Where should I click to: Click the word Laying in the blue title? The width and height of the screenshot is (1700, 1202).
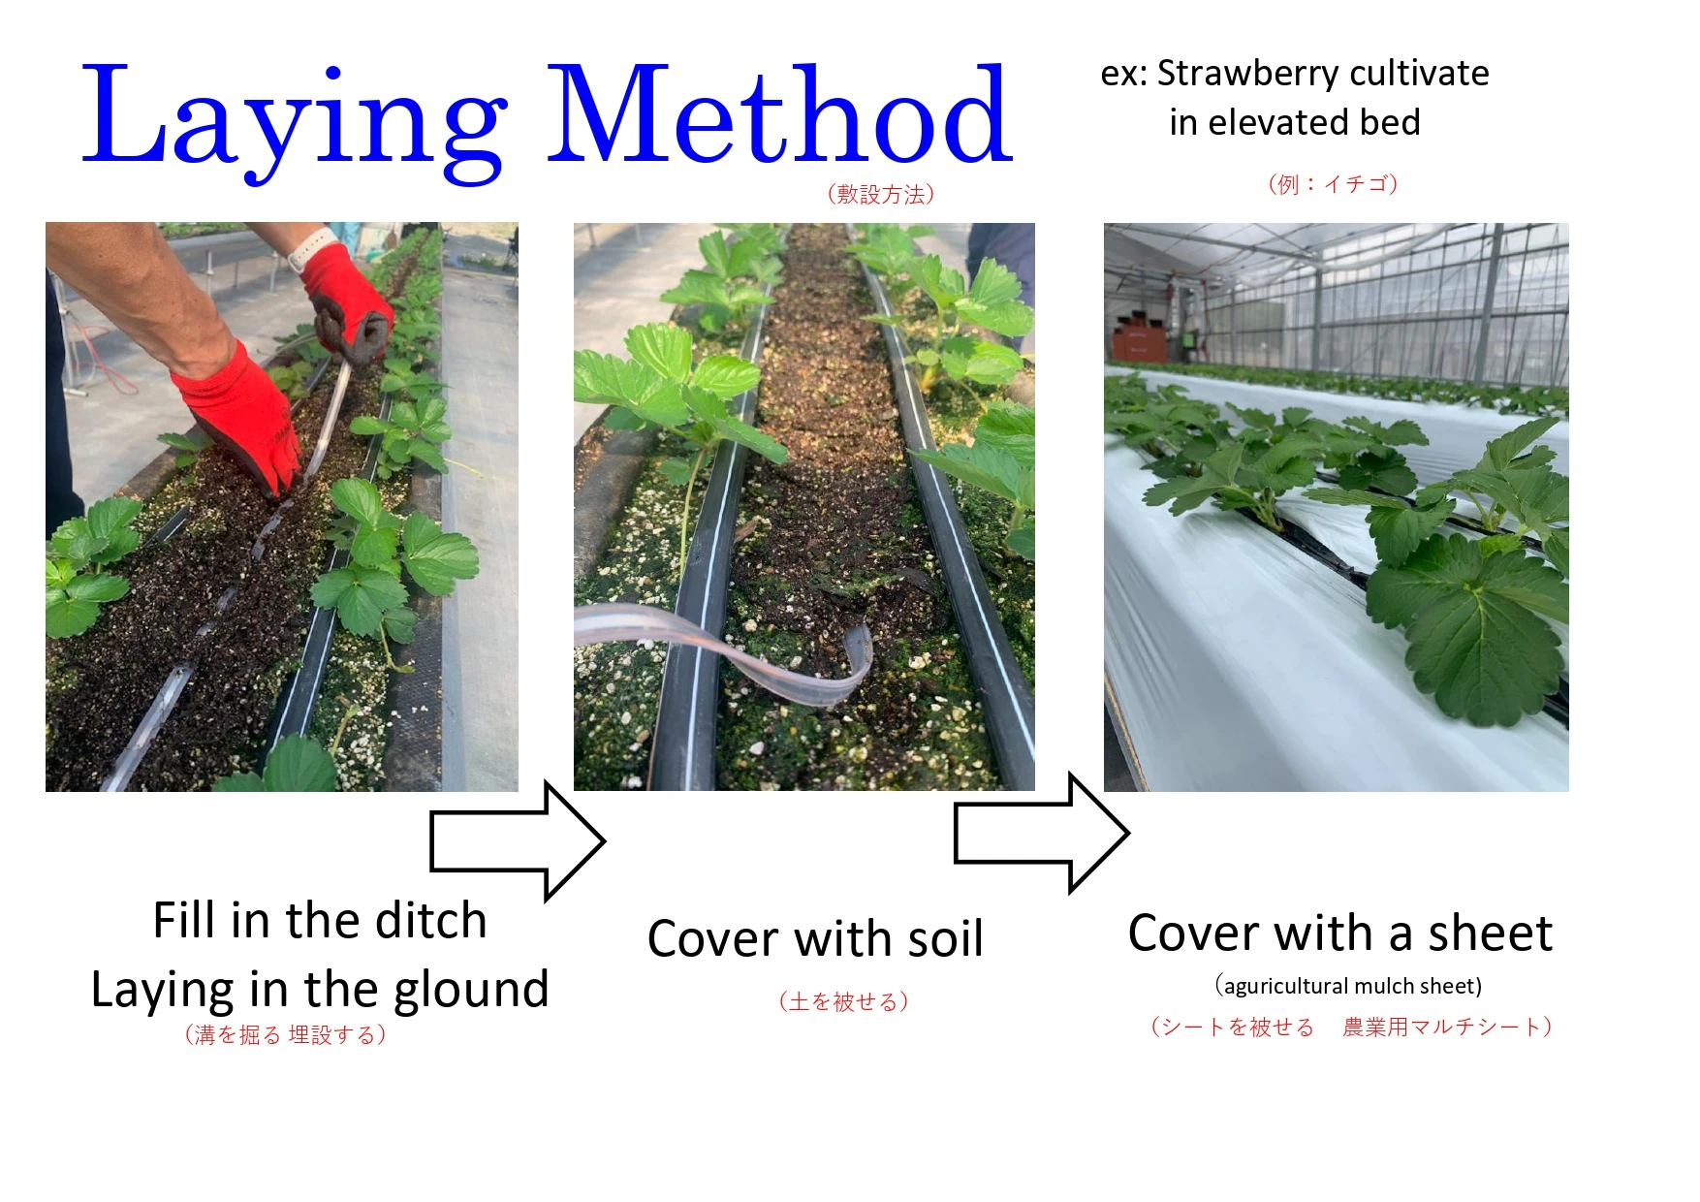coord(291,116)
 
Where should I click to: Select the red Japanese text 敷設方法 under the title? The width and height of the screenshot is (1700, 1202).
coord(881,194)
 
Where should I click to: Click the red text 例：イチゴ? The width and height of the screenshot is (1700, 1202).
coord(1333,184)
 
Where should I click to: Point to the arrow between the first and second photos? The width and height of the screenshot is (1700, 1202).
coord(519,840)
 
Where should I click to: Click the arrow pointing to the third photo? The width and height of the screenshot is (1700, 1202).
coord(1042,832)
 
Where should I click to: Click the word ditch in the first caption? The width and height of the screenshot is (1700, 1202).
coord(430,920)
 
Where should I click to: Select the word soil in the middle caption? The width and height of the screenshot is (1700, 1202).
coord(938,938)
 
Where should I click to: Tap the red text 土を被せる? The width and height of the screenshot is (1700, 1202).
coord(844,1001)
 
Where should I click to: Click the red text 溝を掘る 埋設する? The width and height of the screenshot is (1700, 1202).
coord(286,1034)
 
